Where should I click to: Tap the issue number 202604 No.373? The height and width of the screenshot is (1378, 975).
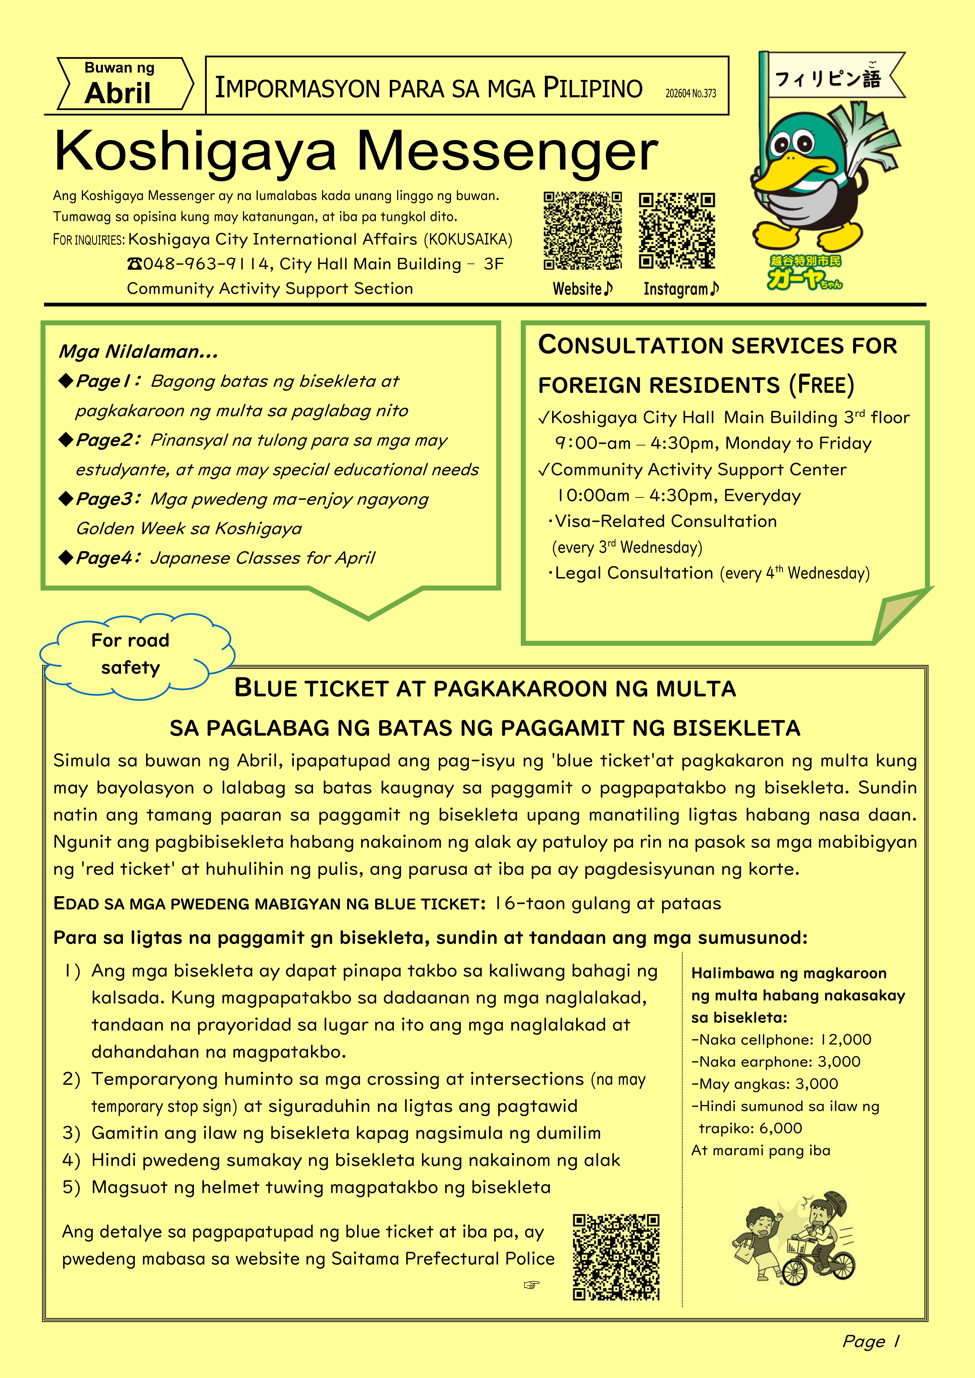pyautogui.click(x=690, y=93)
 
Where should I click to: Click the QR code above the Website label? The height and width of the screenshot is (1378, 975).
pyautogui.click(x=582, y=230)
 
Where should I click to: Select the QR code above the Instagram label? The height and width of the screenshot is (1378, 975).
pyautogui.click(x=677, y=230)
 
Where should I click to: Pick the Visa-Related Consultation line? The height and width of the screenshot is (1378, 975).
pyautogui.click(x=665, y=521)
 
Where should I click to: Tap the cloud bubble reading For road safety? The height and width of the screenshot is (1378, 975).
pyautogui.click(x=131, y=654)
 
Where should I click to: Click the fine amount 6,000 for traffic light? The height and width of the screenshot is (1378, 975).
pyautogui.click(x=780, y=1128)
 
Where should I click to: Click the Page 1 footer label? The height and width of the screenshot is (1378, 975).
pyautogui.click(x=870, y=1341)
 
